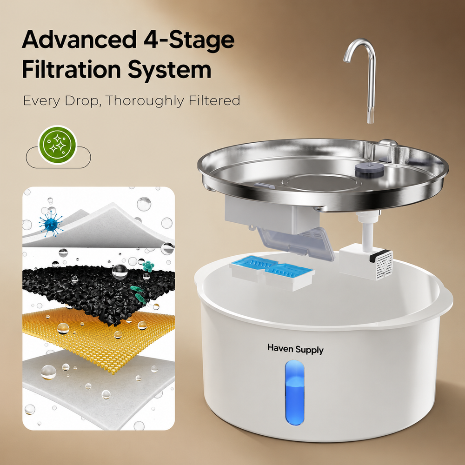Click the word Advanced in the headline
coord(79,39)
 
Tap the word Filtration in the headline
coord(71,69)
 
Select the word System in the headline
coord(169,71)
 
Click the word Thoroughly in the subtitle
coord(145,101)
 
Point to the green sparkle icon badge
coord(58,145)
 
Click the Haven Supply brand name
coord(295,349)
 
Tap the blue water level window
coord(295,392)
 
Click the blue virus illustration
coord(51,223)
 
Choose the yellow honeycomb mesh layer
coord(98,338)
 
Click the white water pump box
coord(366,261)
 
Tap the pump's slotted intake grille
coord(385,266)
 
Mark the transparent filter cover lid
coord(296,243)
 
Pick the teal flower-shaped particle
coord(148,266)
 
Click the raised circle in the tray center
coord(321,183)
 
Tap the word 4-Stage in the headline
coord(189,41)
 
